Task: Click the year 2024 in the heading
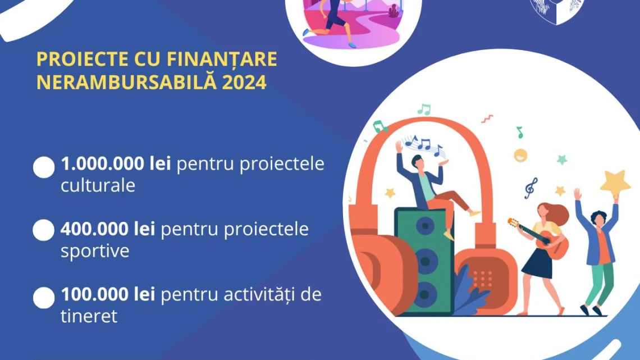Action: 244,82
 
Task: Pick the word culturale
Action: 98,186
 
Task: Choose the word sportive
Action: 95,250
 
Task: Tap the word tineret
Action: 89,316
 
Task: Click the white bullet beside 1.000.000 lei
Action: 44,167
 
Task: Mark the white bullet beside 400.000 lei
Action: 44,231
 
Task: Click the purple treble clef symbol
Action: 531,188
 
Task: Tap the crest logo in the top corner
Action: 557,10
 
